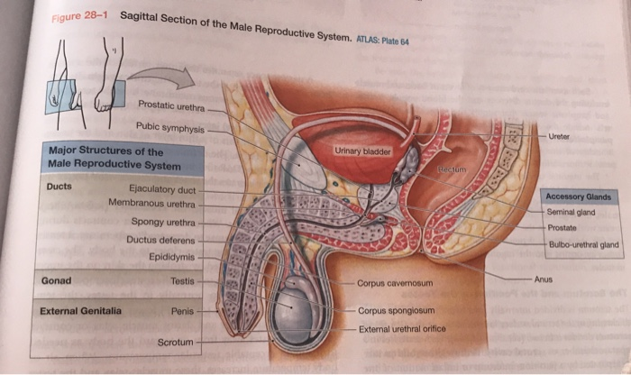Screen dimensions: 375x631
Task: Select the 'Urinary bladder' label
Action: (x=362, y=151)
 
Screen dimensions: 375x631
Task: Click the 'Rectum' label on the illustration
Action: (x=453, y=169)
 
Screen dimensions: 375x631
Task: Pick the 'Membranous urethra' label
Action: (x=152, y=206)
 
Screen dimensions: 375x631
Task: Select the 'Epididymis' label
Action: (x=171, y=257)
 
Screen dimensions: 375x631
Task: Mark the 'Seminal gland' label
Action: (x=571, y=211)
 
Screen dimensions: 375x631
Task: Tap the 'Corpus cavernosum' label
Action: (x=396, y=283)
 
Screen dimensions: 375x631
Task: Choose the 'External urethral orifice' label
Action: (x=402, y=329)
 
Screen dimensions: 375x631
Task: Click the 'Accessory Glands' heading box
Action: (x=578, y=197)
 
